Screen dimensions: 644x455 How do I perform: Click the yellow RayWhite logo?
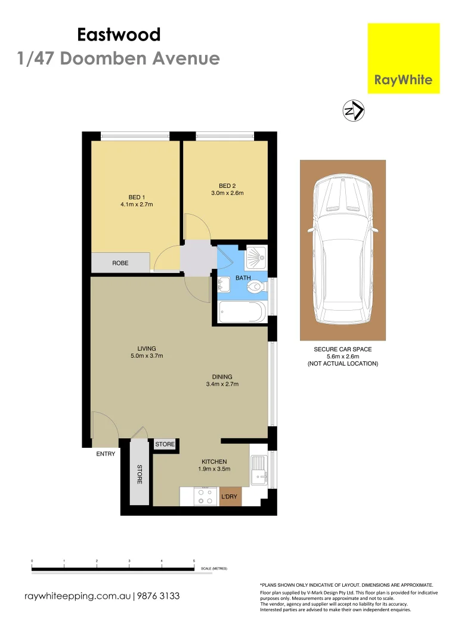(x=404, y=58)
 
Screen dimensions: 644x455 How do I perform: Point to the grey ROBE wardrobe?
(x=120, y=262)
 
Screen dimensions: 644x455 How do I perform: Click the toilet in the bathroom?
(x=256, y=287)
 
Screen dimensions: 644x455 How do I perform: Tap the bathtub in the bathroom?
(x=242, y=312)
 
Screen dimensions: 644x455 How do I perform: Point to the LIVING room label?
(x=146, y=348)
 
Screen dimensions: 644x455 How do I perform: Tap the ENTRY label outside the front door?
(x=106, y=454)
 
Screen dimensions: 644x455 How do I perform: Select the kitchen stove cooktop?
(x=206, y=497)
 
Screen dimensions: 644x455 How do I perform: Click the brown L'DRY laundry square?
(x=230, y=497)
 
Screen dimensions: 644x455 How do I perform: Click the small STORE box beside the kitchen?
(x=165, y=444)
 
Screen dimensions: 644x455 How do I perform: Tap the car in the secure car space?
(x=342, y=249)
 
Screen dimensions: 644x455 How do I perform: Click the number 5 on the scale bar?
(x=194, y=561)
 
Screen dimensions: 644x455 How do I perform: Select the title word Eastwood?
(x=119, y=35)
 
